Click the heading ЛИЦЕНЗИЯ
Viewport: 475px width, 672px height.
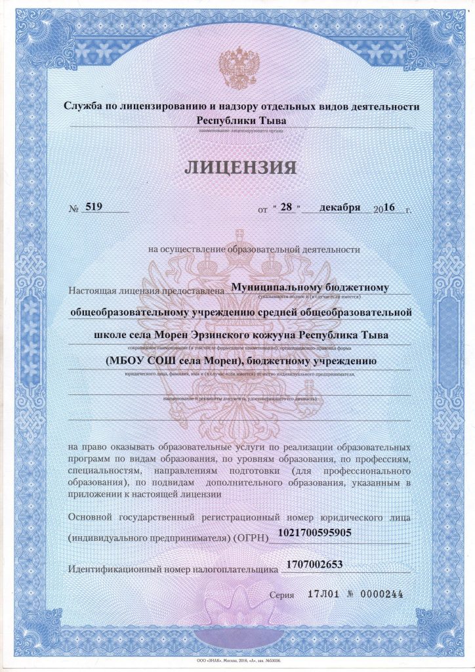[240, 167]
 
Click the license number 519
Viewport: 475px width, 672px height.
[94, 207]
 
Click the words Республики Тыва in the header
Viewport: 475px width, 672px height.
[241, 120]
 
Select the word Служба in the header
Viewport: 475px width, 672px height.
[82, 107]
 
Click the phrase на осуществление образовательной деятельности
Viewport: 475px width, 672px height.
[255, 249]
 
